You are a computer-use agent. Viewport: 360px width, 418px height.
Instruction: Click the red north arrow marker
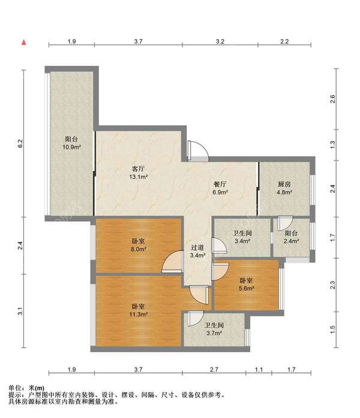tap(24, 42)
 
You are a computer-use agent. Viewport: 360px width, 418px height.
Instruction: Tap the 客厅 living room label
tap(139, 169)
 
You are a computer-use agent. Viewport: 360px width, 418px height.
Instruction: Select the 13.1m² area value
tap(139, 177)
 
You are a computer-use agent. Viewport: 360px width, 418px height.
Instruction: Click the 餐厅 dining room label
tap(220, 184)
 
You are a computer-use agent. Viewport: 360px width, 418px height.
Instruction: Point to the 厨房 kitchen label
tap(284, 184)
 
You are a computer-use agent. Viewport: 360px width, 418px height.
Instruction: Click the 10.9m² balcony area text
tap(71, 147)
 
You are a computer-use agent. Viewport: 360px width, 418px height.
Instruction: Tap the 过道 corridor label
tap(197, 247)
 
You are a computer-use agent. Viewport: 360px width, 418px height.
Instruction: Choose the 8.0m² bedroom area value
tap(139, 249)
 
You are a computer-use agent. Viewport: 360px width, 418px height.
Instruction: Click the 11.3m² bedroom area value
tap(139, 314)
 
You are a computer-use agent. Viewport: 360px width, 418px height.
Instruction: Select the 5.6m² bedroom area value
tap(247, 288)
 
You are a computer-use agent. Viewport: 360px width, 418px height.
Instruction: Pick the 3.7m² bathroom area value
tap(214, 333)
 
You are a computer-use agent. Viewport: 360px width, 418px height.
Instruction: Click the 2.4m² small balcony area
tap(291, 241)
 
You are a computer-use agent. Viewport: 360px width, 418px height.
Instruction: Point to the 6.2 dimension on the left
tap(20, 144)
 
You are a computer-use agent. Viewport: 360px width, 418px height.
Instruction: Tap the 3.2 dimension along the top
tap(220, 41)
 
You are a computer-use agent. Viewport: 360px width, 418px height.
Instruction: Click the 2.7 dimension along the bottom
tap(214, 369)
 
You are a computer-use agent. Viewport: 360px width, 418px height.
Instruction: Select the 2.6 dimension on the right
tap(332, 99)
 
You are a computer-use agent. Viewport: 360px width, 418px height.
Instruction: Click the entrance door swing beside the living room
tap(198, 151)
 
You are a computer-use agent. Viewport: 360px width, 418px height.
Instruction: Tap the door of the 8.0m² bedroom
tap(172, 261)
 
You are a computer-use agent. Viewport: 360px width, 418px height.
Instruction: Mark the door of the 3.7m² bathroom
tap(196, 318)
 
